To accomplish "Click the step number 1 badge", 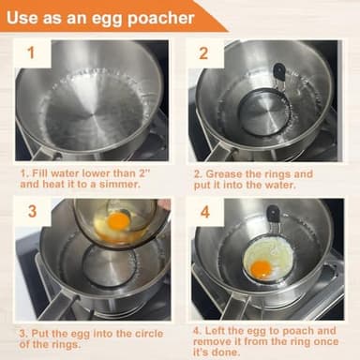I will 32,52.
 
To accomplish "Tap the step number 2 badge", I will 204,52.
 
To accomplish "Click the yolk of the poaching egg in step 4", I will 262,269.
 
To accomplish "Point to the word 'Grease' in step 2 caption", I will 232,174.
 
